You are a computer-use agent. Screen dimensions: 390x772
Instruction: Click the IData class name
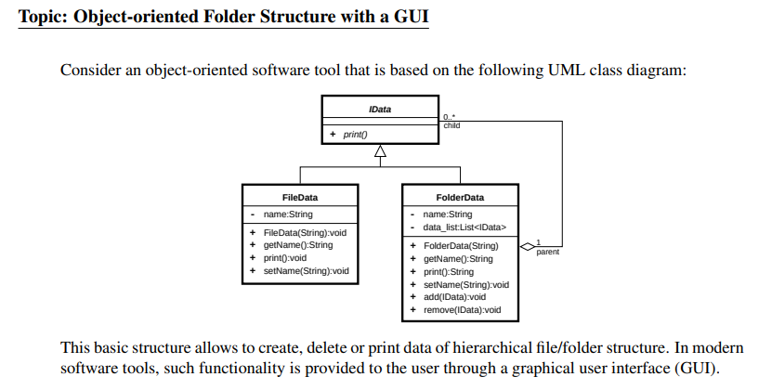pyautogui.click(x=379, y=109)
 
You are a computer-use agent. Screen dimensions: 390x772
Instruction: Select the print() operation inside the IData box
pyautogui.click(x=355, y=135)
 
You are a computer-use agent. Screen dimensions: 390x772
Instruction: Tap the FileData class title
pyautogui.click(x=300, y=197)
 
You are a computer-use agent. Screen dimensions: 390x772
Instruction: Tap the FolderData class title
pyautogui.click(x=459, y=197)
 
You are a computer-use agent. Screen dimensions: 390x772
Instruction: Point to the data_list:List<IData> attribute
pyautogui.click(x=464, y=227)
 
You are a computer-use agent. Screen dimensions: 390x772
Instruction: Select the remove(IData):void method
pyautogui.click(x=462, y=310)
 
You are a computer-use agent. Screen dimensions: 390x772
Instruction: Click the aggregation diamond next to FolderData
pyautogui.click(x=527, y=246)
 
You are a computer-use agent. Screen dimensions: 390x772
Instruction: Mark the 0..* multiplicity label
pyautogui.click(x=450, y=117)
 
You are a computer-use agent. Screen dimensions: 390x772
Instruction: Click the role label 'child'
pyautogui.click(x=451, y=125)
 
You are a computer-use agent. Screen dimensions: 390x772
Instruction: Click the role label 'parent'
pyautogui.click(x=547, y=252)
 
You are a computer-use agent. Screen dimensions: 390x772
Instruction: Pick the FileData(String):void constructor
pyautogui.click(x=304, y=232)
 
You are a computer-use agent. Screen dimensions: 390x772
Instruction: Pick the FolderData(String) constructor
pyautogui.click(x=461, y=246)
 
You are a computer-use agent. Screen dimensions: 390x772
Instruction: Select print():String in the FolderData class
pyautogui.click(x=449, y=272)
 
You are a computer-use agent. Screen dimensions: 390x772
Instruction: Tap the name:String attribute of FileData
pyautogui.click(x=288, y=214)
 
